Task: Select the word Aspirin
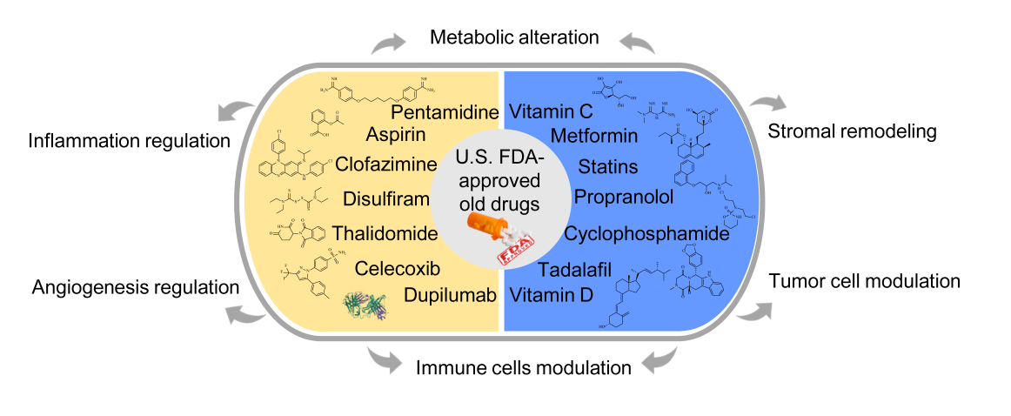tap(395, 135)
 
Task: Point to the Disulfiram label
tap(386, 198)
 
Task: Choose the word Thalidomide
tap(383, 234)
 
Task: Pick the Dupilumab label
tap(450, 295)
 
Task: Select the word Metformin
tap(594, 137)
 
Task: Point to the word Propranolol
tap(623, 197)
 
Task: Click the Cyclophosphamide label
tap(645, 234)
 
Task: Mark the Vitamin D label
tap(552, 295)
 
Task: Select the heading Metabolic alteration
tap(514, 38)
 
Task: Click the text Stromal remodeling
tap(852, 133)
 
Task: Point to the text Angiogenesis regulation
tap(135, 288)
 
